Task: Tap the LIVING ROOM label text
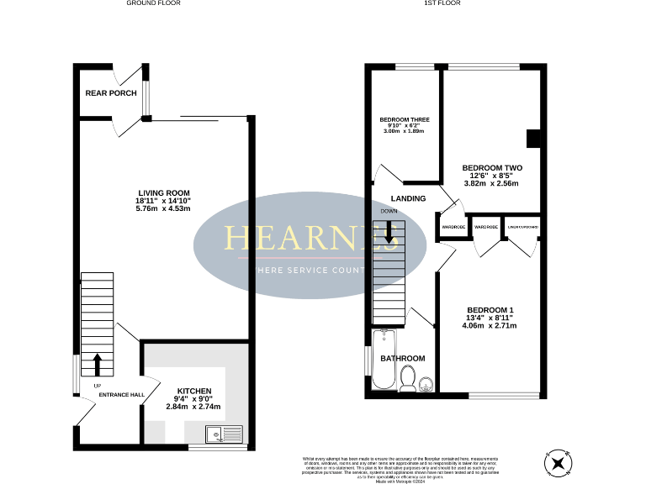[x=165, y=191]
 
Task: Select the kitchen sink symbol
[x=223, y=434]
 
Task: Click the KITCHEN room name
[x=193, y=391]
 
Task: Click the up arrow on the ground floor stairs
[x=97, y=364]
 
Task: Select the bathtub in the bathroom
[x=383, y=360]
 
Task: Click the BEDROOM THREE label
[x=405, y=120]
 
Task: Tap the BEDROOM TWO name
[x=492, y=167]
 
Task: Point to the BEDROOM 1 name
[x=490, y=310]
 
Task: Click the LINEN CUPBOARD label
[x=522, y=227]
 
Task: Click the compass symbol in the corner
[x=558, y=462]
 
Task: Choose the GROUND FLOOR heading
[x=153, y=3]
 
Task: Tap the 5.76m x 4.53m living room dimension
[x=165, y=209]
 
